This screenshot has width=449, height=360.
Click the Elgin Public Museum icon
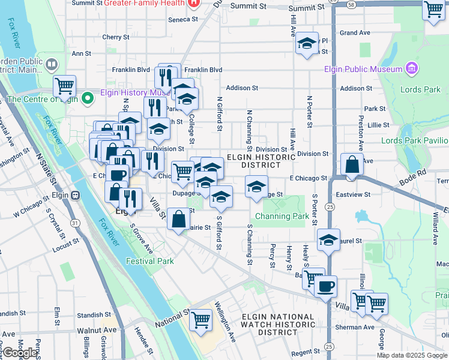tap(411, 68)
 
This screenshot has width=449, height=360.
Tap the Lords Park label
tap(423, 90)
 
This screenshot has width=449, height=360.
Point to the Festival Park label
tap(149, 261)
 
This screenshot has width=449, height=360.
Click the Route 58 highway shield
tap(351, 4)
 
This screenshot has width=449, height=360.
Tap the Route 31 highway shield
tap(75, 223)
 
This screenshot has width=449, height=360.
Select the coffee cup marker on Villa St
tap(325, 286)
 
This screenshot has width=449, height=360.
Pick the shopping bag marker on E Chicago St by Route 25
tap(352, 164)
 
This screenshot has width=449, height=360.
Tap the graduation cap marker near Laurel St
tap(328, 240)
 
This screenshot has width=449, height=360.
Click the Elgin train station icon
tap(76, 195)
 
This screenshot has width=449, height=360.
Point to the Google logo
tap(20, 353)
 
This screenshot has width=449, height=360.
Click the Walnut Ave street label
tap(97, 330)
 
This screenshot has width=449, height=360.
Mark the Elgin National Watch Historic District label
tap(278, 324)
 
